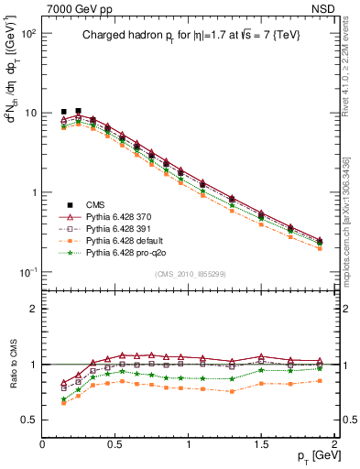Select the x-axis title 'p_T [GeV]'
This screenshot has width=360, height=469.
(312, 454)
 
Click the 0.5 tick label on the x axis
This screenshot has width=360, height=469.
(115, 442)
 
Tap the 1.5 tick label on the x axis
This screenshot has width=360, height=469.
(262, 442)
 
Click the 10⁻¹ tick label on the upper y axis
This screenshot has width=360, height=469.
(27, 273)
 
